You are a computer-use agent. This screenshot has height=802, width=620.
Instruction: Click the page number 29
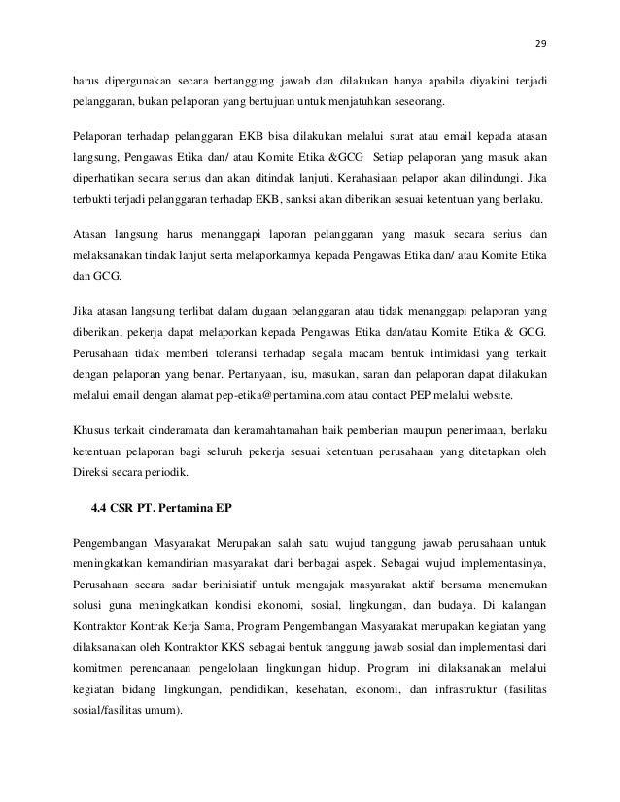pos(541,43)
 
